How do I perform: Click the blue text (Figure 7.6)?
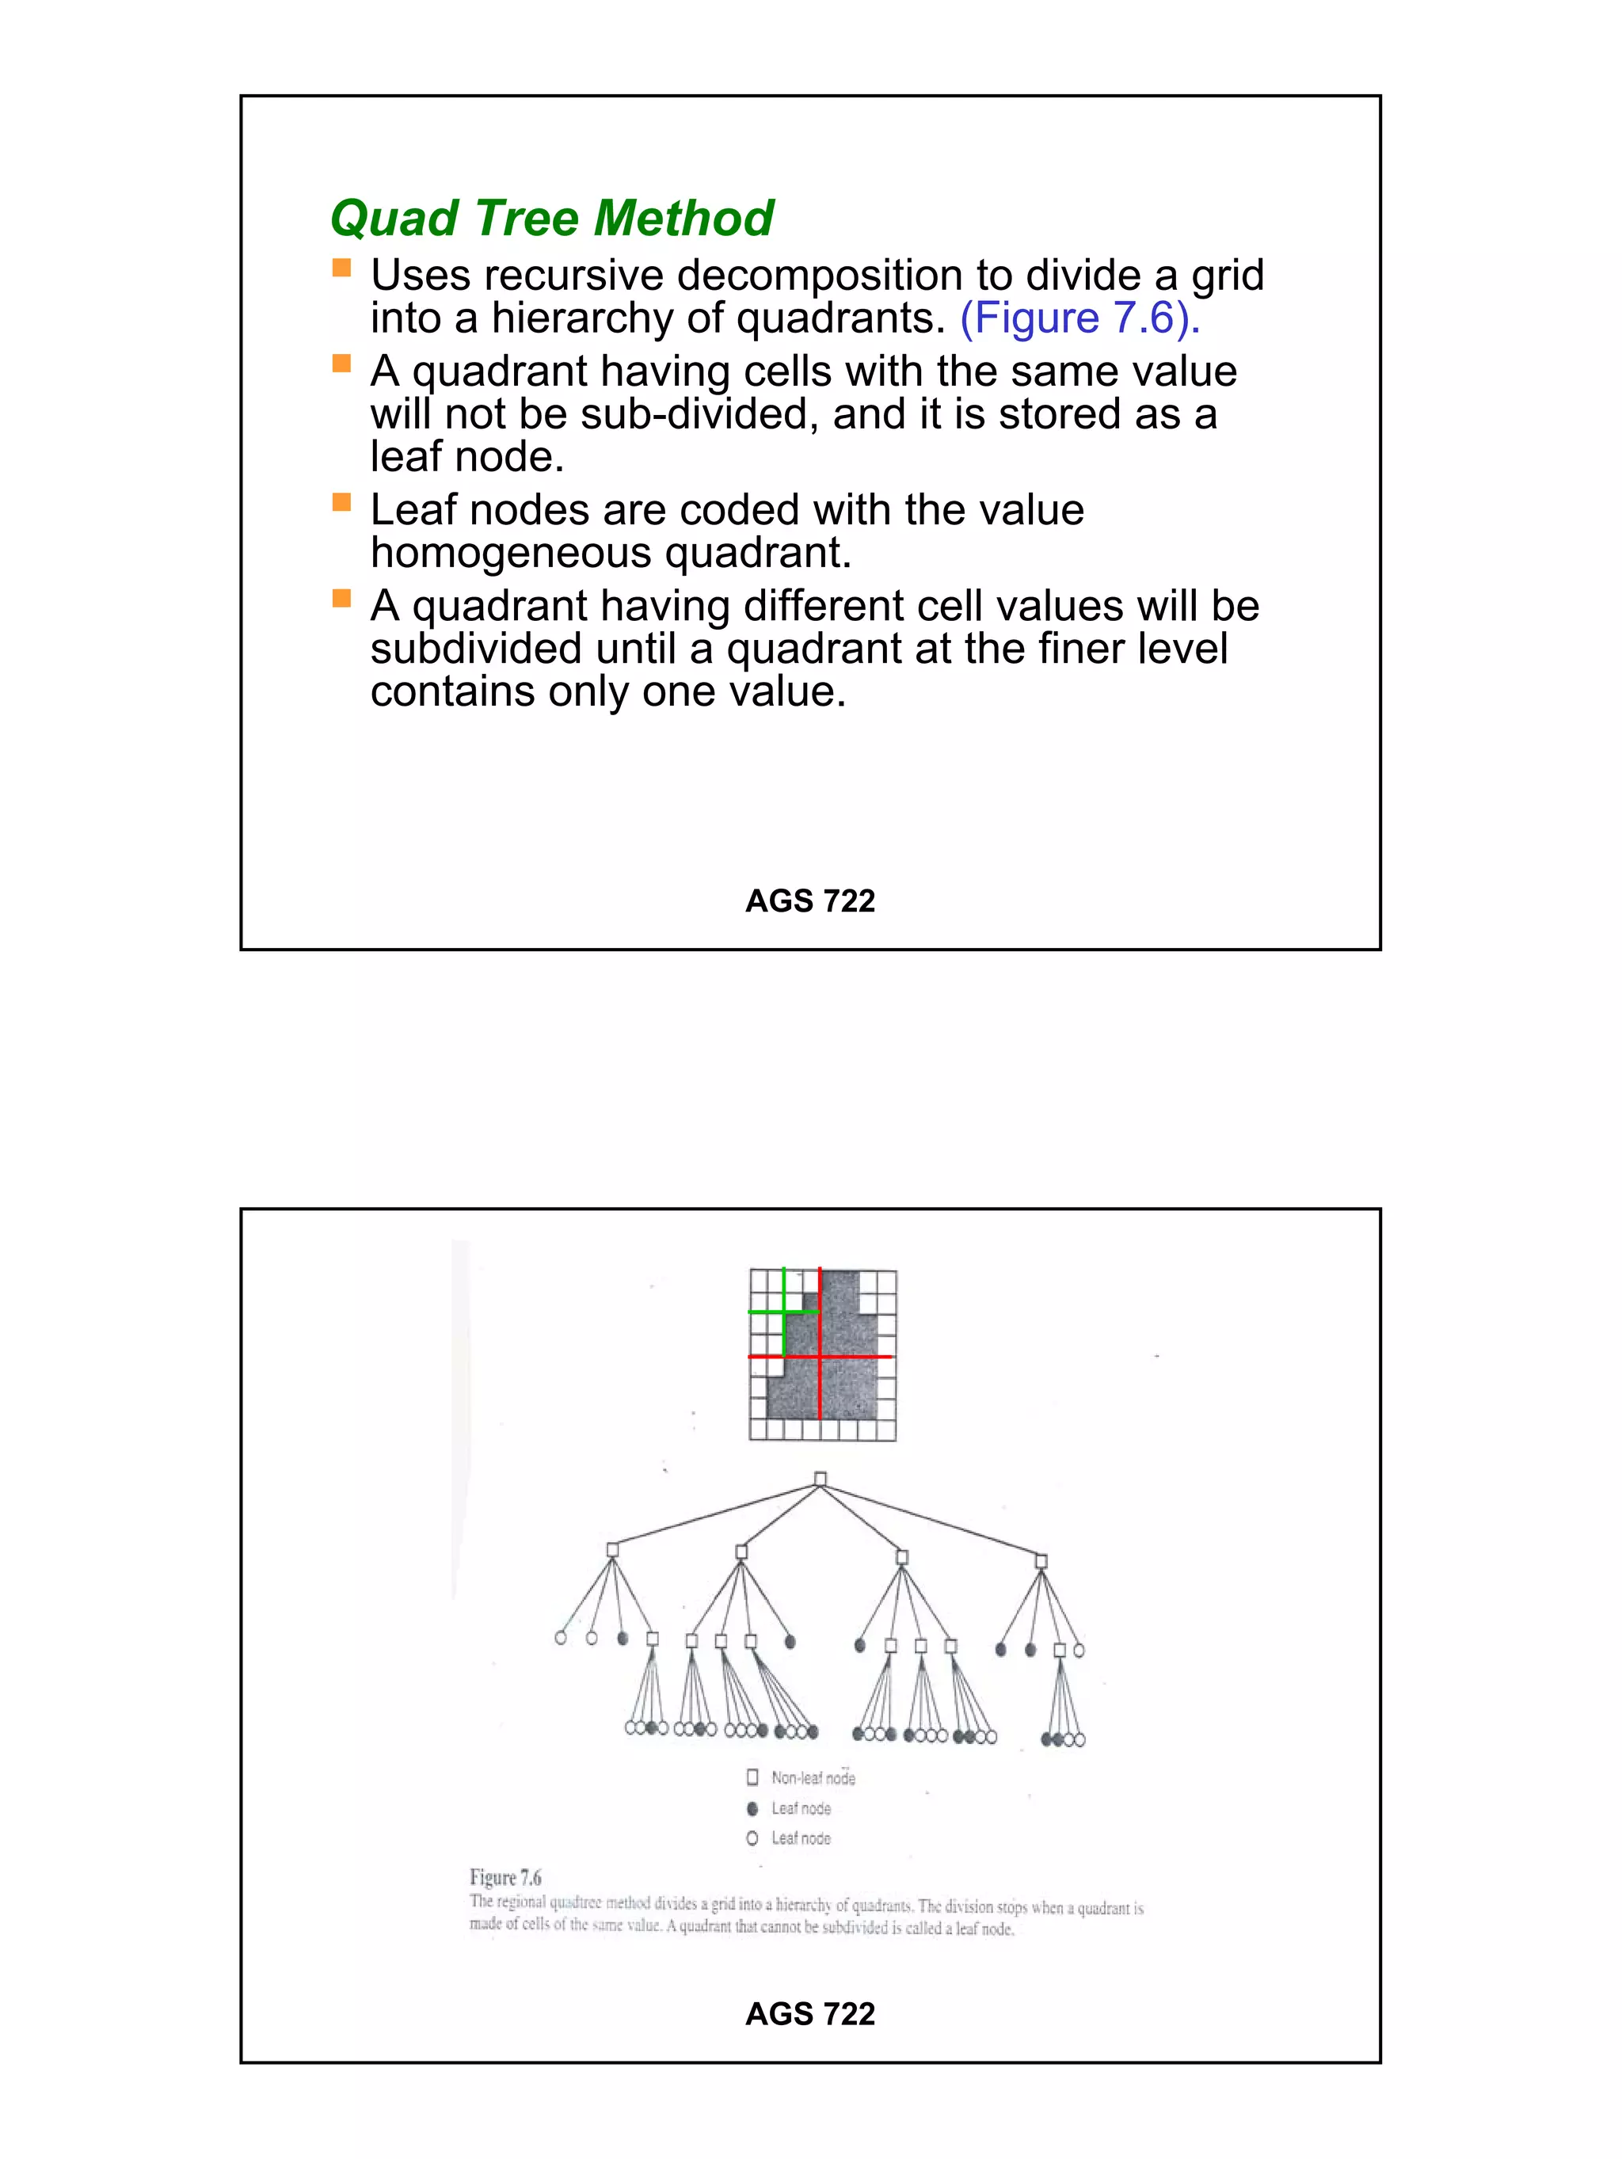(1079, 318)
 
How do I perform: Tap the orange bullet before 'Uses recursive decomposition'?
(341, 268)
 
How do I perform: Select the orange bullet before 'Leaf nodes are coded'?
(341, 501)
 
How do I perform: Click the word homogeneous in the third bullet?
(512, 553)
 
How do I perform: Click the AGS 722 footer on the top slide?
(809, 900)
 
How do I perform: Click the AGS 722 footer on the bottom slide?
(809, 2012)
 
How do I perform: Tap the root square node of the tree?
(820, 1479)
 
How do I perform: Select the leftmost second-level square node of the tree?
(612, 1550)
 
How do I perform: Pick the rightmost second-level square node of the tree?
(1041, 1562)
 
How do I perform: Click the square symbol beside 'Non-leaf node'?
(752, 1776)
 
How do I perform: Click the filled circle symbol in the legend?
(752, 1807)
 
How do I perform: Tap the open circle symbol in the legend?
(752, 1838)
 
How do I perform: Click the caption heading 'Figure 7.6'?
(504, 1877)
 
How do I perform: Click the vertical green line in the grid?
(783, 1332)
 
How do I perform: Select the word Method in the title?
(683, 218)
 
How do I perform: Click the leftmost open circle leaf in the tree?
(560, 1638)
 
